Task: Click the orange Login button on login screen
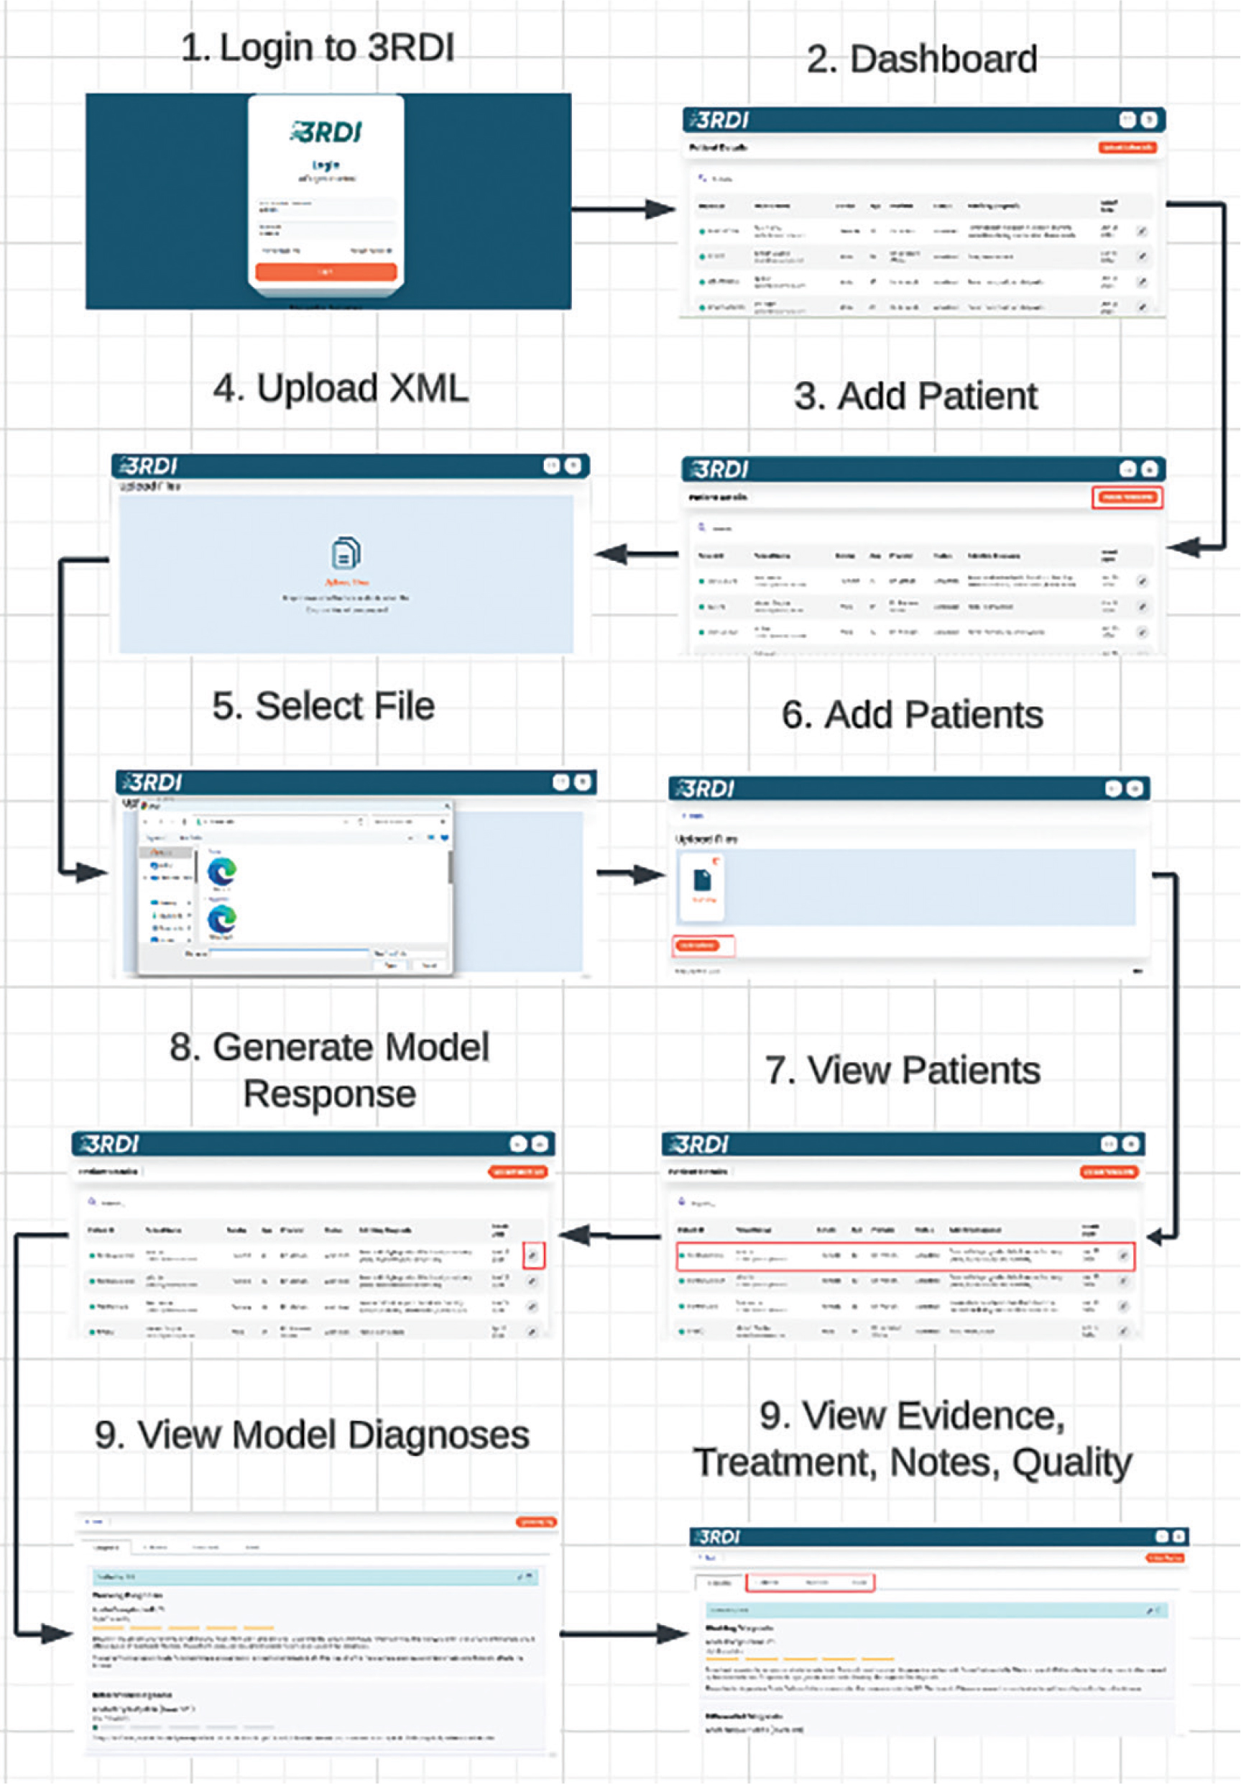[326, 271]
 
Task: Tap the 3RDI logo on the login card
[326, 132]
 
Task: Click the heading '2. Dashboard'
[922, 59]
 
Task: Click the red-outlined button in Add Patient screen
[1127, 498]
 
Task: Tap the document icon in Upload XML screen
[346, 552]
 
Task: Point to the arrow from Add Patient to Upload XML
[637, 554]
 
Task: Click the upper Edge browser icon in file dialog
[222, 871]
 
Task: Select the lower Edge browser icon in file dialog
[222, 920]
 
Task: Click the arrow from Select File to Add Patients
[631, 874]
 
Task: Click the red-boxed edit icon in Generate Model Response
[533, 1255]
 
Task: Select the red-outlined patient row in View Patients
[905, 1256]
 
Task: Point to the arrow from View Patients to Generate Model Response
[609, 1235]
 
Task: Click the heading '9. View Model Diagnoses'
[311, 1435]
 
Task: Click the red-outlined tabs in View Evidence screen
[810, 1583]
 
